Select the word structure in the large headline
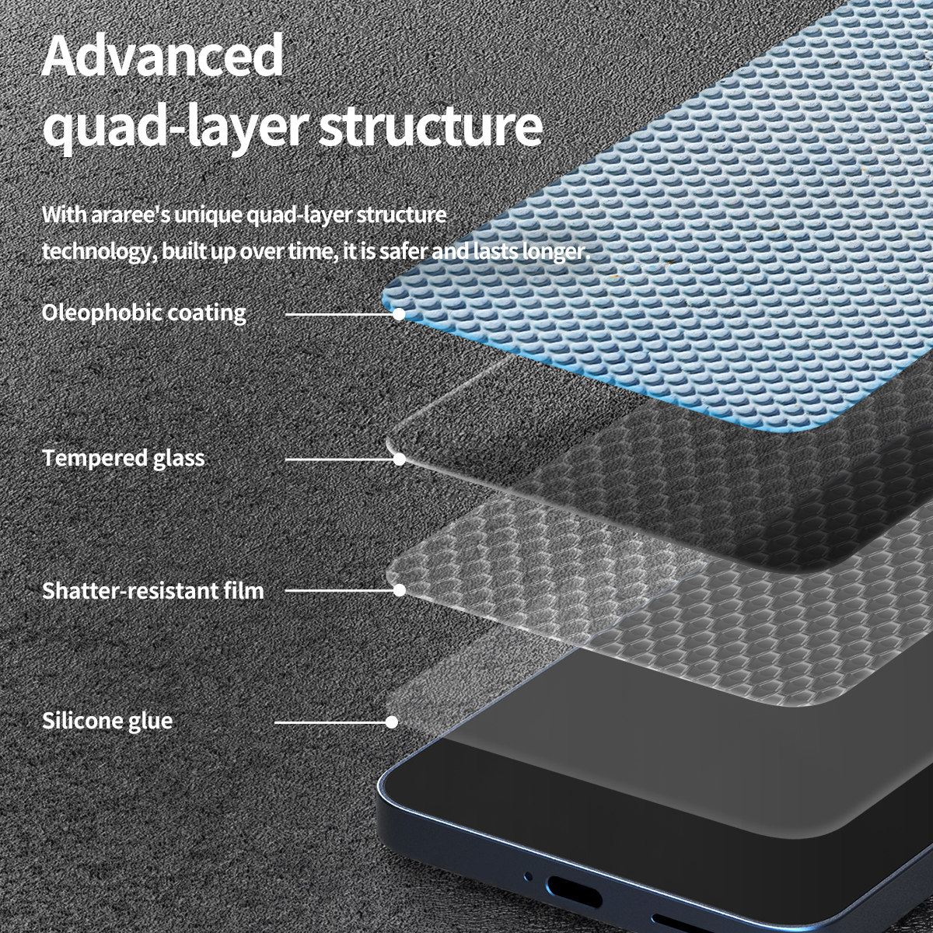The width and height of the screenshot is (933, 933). [431, 127]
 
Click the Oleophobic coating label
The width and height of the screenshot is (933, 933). [144, 313]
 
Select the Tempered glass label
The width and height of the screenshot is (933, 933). [124, 458]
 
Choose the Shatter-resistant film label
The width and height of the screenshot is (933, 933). [153, 591]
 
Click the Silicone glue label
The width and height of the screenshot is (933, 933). [107, 721]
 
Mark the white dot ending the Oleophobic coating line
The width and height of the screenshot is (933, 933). [399, 314]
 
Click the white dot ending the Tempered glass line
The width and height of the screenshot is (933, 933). [399, 459]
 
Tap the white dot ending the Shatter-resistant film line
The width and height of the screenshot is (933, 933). [399, 590]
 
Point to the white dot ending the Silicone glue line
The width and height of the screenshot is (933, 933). [392, 722]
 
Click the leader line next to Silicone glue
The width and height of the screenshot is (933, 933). [330, 722]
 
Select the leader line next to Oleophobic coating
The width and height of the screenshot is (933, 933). [339, 314]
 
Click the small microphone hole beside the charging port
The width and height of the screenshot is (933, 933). [529, 875]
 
